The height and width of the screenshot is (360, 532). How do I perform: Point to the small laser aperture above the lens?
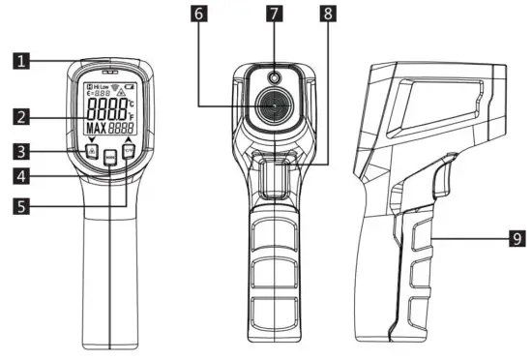pyautogui.click(x=275, y=78)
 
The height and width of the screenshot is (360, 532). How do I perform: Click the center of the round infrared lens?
pyautogui.click(x=275, y=107)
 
